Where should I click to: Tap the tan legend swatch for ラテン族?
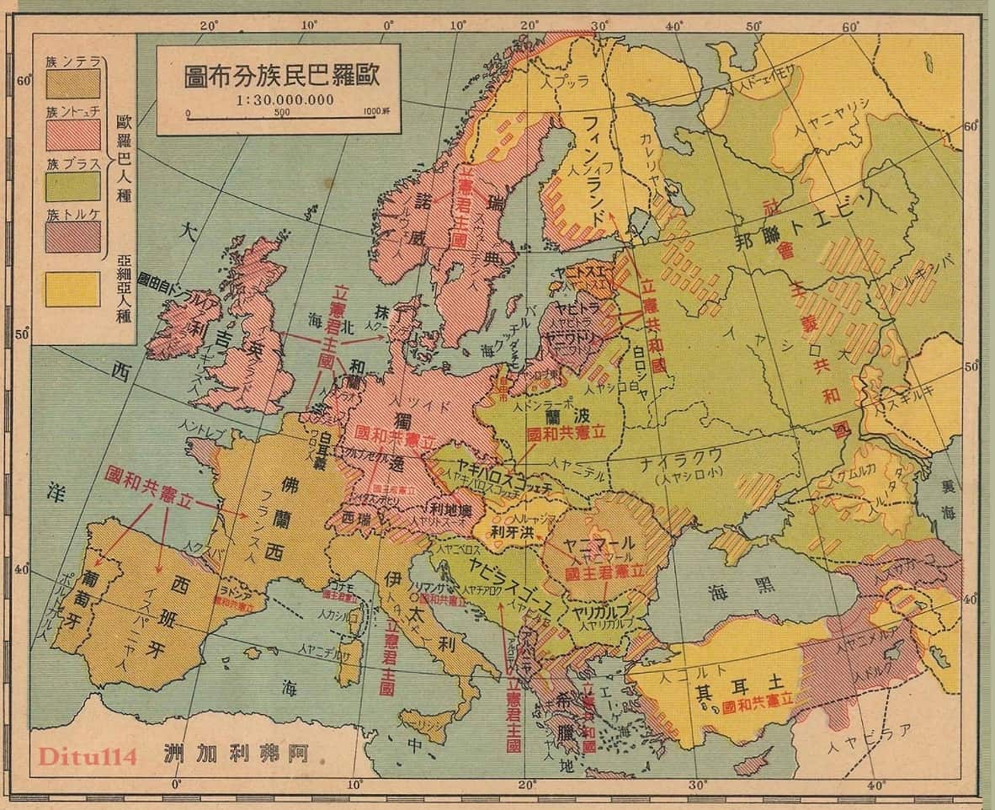[72, 83]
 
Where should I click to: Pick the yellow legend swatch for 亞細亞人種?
[72, 288]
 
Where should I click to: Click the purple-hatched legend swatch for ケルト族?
[72, 237]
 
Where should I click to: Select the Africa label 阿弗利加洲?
[243, 753]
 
